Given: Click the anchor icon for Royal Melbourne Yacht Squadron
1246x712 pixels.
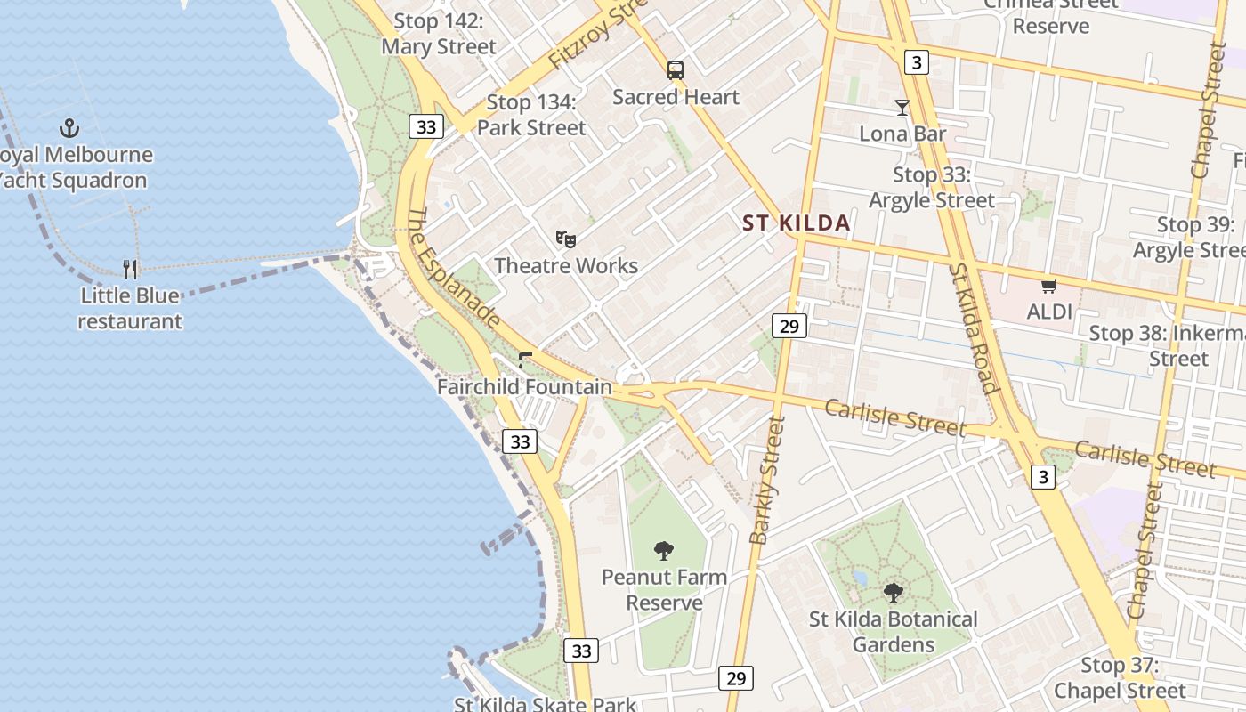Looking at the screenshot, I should click(x=69, y=128).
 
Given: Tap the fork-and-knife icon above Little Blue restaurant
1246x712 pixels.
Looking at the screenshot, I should click(x=130, y=269).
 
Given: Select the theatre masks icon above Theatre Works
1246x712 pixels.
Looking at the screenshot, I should click(x=565, y=239).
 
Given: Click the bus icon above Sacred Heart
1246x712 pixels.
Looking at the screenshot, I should click(x=676, y=70).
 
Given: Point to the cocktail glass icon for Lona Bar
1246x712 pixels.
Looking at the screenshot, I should click(x=902, y=108).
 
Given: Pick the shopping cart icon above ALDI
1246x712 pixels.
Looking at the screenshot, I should click(x=1049, y=286).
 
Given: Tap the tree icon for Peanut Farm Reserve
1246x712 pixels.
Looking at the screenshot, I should click(x=664, y=551).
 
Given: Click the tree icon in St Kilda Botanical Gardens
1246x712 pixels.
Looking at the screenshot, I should click(x=893, y=592).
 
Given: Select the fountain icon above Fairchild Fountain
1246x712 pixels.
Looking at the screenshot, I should click(x=524, y=360).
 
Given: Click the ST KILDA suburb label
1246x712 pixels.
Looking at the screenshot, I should click(x=797, y=223).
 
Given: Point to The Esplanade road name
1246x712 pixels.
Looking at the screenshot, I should click(x=454, y=267).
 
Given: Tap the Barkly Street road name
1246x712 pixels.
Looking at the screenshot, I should click(x=766, y=481).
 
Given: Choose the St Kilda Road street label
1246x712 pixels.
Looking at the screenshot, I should click(x=972, y=328).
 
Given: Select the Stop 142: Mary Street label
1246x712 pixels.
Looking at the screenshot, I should click(x=439, y=34).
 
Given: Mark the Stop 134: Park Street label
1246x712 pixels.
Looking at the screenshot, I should click(x=531, y=115).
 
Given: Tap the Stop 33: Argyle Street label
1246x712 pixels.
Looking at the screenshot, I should click(x=931, y=188).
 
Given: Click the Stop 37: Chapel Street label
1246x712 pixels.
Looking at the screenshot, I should click(x=1120, y=677).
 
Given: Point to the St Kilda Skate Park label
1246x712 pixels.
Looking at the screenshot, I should click(x=545, y=704).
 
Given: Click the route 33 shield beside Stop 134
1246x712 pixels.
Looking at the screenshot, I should click(x=426, y=127).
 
